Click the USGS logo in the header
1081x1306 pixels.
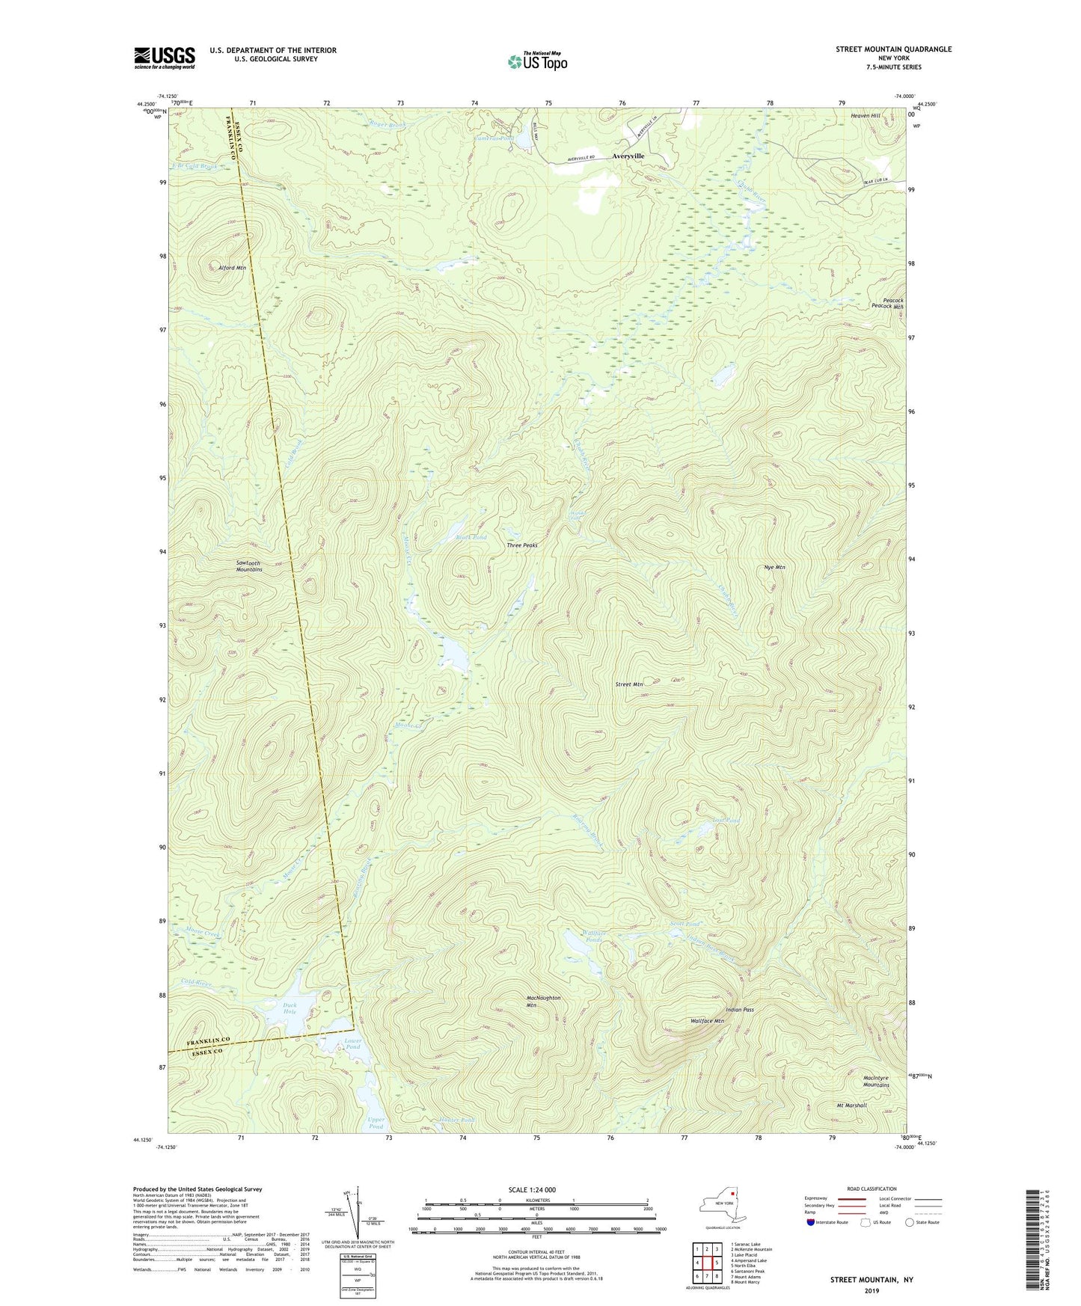point(165,58)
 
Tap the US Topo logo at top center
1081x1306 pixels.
point(536,61)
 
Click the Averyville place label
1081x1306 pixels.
point(628,156)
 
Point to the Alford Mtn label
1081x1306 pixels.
point(231,268)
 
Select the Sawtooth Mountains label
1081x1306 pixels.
point(249,566)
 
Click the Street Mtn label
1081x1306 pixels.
point(629,684)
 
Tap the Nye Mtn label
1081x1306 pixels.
point(774,568)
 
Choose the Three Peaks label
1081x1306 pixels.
point(522,545)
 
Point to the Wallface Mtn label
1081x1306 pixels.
point(707,1021)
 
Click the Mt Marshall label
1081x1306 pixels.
point(851,1105)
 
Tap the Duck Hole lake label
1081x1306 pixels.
point(290,1008)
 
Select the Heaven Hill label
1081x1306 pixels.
point(866,116)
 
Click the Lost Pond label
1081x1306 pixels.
point(726,821)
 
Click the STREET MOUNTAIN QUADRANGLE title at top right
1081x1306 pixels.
point(893,49)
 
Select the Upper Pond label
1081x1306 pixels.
point(376,1123)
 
